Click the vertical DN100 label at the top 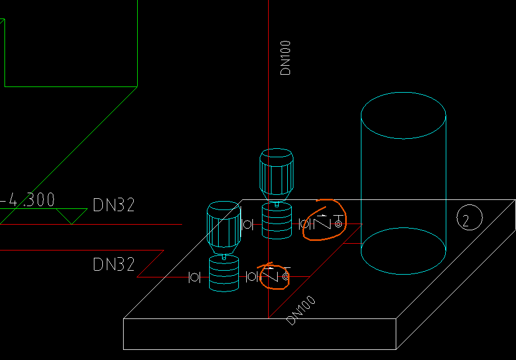pyautogui.click(x=286, y=58)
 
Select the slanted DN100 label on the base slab pyautogui.click(x=301, y=310)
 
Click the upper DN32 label pyautogui.click(x=114, y=206)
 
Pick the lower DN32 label pyautogui.click(x=114, y=264)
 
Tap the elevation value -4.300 pyautogui.click(x=28, y=200)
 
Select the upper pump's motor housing pyautogui.click(x=276, y=171)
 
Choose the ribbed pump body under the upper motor pyautogui.click(x=278, y=221)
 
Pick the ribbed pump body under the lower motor pyautogui.click(x=224, y=274)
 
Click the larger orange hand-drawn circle pyautogui.click(x=324, y=220)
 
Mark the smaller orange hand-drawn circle pyautogui.click(x=274, y=276)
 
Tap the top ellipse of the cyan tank pyautogui.click(x=403, y=115)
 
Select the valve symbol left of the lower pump pyautogui.click(x=194, y=277)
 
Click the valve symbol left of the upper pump pyautogui.click(x=247, y=225)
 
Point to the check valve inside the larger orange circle pyautogui.click(x=323, y=223)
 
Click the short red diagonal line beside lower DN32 pyautogui.click(x=150, y=263)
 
